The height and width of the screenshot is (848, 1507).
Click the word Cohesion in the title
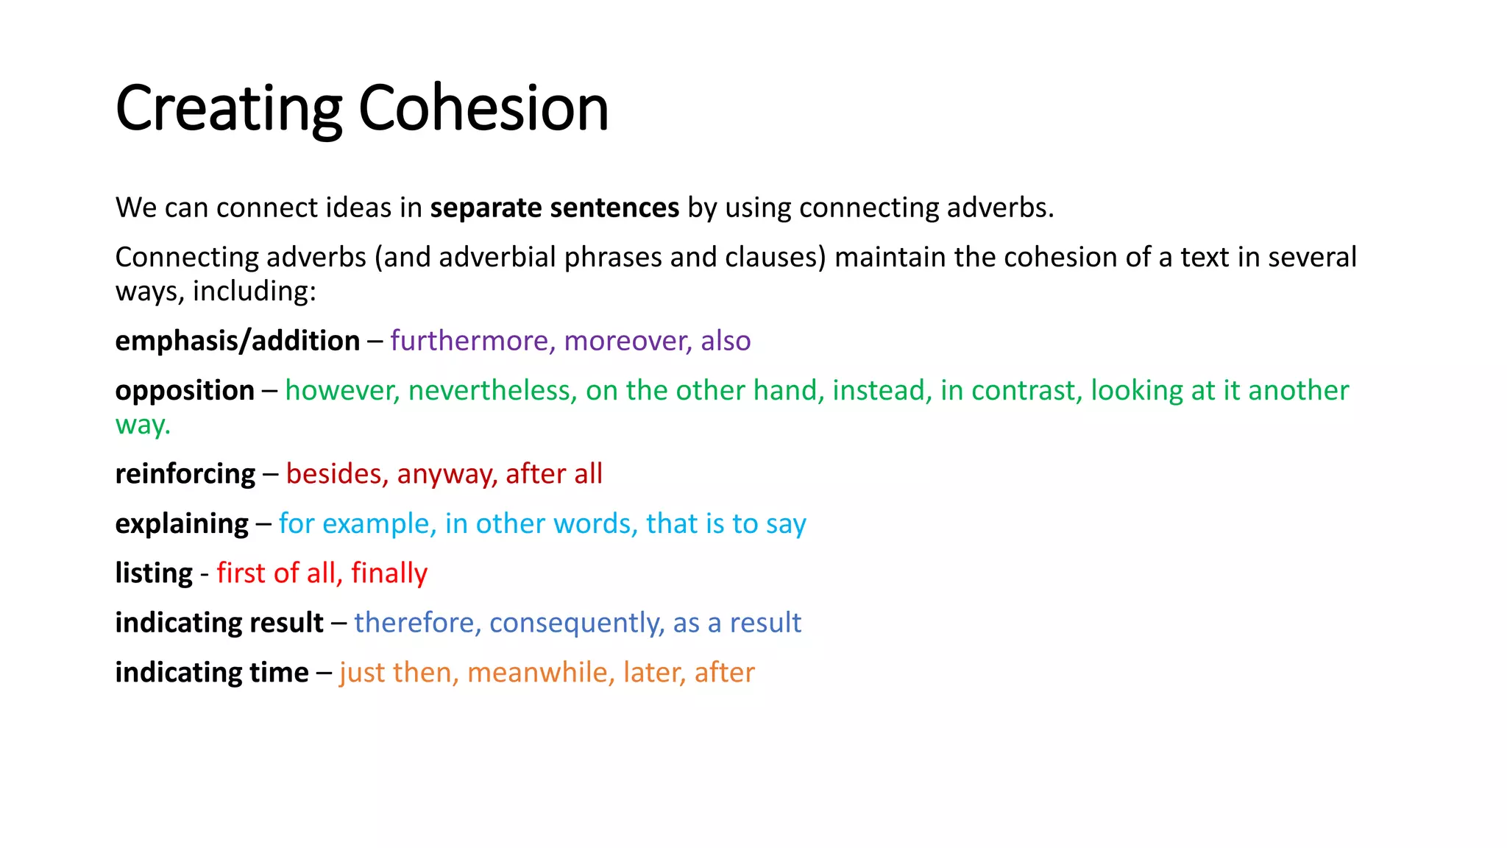[483, 108]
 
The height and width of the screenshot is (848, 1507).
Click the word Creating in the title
[228, 108]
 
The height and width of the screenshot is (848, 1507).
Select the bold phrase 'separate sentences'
[554, 208]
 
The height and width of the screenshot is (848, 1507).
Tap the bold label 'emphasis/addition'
[238, 341]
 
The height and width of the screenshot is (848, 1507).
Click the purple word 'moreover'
[628, 341]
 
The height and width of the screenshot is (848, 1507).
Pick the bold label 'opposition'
[185, 391]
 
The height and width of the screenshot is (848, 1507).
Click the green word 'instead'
[882, 391]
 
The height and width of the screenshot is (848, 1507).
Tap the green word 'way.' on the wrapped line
[143, 425]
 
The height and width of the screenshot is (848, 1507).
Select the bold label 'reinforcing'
[185, 474]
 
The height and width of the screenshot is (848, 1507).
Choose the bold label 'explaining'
[182, 524]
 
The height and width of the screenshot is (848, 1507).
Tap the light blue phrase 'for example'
[357, 524]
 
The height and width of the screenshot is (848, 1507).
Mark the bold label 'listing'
[154, 573]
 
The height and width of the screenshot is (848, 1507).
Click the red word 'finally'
[389, 573]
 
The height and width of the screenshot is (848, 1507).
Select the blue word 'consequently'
[576, 623]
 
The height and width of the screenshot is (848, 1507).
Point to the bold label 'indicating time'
[212, 673]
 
